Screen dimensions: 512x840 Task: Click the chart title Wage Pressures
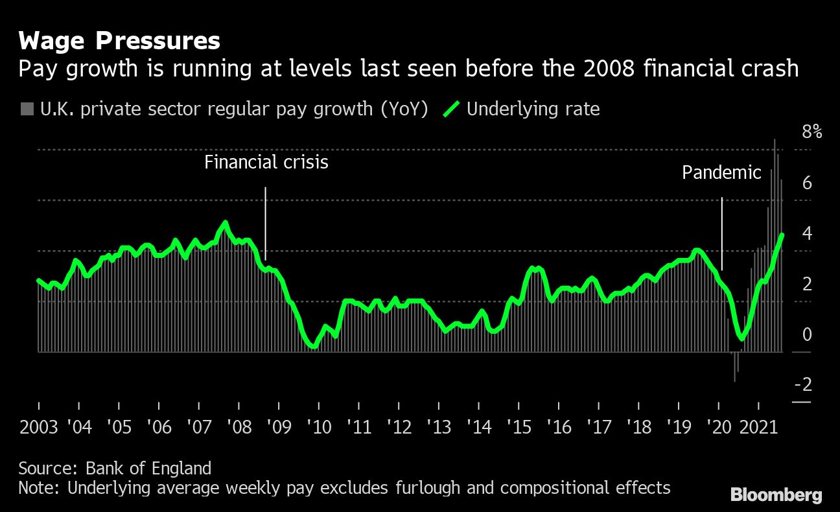pyautogui.click(x=119, y=41)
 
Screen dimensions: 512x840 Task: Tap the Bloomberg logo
pyautogui.click(x=776, y=496)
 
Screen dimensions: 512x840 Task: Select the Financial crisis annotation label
pyautogui.click(x=266, y=162)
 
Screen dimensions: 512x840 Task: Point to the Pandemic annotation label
pyautogui.click(x=721, y=173)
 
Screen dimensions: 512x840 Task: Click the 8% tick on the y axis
pyautogui.click(x=811, y=133)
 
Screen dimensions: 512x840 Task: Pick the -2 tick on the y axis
pyautogui.click(x=803, y=386)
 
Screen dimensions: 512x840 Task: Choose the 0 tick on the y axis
pyautogui.click(x=807, y=335)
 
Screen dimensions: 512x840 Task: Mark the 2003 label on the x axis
pyautogui.click(x=39, y=428)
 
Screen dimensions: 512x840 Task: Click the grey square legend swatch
pyautogui.click(x=27, y=109)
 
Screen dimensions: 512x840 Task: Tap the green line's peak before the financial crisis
pyautogui.click(x=226, y=223)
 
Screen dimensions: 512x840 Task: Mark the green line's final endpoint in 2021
pyautogui.click(x=782, y=235)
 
